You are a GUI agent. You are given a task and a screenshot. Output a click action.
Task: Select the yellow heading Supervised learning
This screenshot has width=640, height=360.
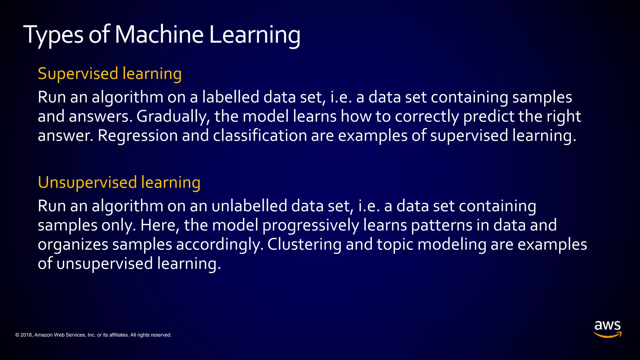point(110,74)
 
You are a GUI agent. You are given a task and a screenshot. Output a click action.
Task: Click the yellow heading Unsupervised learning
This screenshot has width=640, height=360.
point(119,182)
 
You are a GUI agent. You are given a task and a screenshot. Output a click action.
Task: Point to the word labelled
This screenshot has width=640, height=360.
point(230,97)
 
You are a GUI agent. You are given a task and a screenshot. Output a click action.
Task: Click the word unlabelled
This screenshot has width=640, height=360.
point(249,206)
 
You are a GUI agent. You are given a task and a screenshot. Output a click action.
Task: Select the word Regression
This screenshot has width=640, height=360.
point(137,136)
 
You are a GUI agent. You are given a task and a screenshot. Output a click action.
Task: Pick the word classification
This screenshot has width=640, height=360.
point(260,136)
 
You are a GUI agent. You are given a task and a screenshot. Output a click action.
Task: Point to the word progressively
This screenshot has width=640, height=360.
point(311,226)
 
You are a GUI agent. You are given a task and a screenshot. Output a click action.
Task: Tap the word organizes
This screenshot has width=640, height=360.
point(73,245)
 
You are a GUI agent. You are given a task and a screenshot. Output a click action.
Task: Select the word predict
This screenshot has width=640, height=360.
point(488,117)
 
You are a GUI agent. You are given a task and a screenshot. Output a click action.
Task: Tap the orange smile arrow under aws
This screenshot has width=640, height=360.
point(607,335)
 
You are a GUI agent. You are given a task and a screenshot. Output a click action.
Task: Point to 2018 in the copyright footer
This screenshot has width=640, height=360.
point(26,335)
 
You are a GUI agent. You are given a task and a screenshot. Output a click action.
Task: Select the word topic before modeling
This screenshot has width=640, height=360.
point(395,245)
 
